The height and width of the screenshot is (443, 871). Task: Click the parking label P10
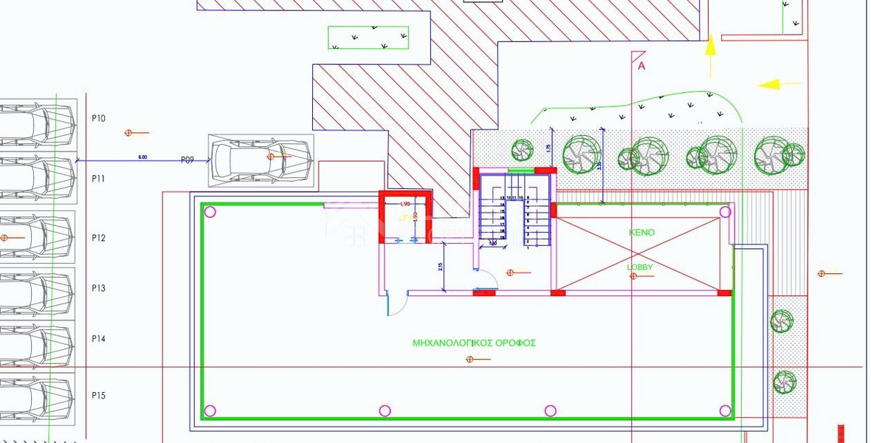[98, 118]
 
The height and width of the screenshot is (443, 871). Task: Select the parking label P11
[98, 179]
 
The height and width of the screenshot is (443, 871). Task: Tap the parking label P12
[98, 238]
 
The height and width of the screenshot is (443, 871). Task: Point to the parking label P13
[98, 288]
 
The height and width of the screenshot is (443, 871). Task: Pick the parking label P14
[98, 339]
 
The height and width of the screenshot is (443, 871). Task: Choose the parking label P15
[98, 396]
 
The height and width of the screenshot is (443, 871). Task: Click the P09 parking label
[187, 159]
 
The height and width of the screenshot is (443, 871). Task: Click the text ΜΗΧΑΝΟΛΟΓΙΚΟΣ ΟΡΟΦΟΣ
[474, 343]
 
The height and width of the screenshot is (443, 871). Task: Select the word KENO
[641, 232]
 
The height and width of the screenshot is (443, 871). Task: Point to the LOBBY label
[640, 267]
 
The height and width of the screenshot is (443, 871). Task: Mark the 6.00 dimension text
[142, 157]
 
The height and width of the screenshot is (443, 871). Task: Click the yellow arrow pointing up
[710, 52]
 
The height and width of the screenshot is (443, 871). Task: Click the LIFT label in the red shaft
[405, 218]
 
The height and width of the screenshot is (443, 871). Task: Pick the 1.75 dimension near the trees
[548, 148]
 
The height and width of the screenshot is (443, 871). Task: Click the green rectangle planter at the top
[368, 38]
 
